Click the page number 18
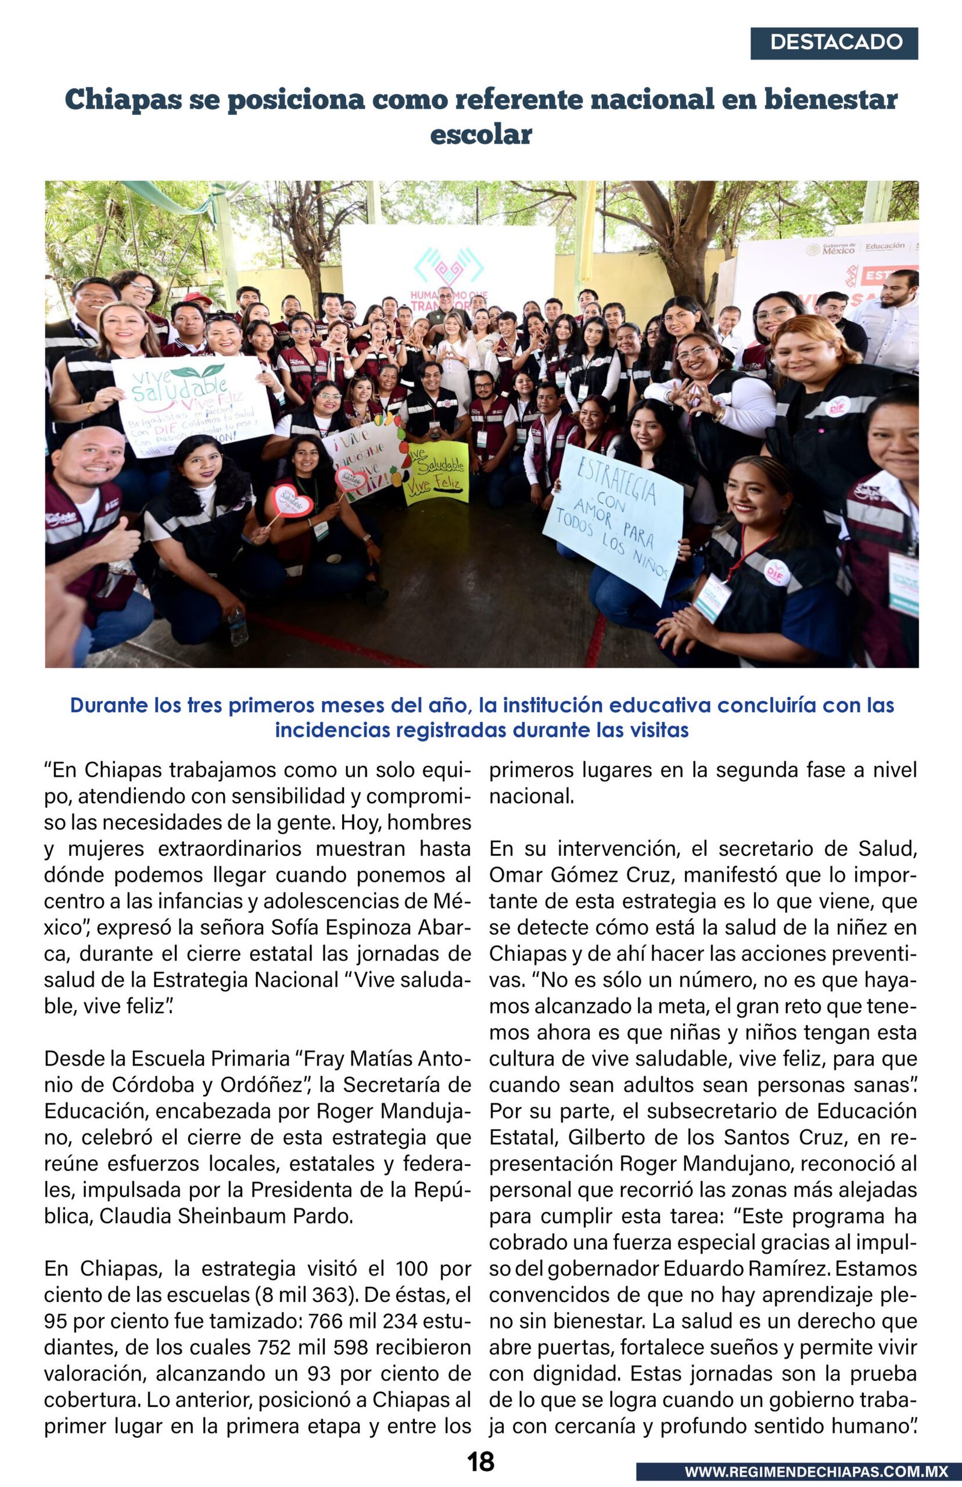480,1461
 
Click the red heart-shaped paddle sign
293,501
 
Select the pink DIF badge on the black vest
776,572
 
